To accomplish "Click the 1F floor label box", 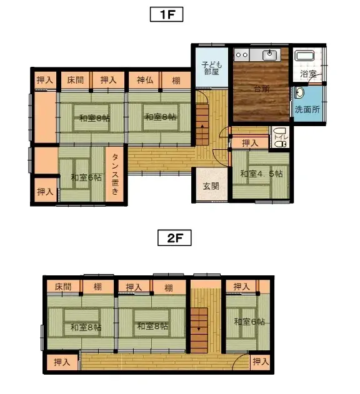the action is click(166, 14).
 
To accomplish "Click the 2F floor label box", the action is click(174, 237).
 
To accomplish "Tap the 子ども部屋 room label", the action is click(212, 68).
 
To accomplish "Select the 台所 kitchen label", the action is click(262, 89).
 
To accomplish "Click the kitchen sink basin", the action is click(269, 55).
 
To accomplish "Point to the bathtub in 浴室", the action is click(304, 56).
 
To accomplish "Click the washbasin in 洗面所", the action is click(299, 92).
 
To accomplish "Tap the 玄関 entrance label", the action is click(211, 186).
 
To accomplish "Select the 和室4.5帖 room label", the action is click(261, 174).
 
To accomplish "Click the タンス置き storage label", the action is click(115, 174).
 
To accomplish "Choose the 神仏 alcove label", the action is click(145, 80).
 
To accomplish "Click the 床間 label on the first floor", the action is click(75, 80).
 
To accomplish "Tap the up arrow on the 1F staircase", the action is click(202, 126).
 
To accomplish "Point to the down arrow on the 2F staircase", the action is click(199, 328).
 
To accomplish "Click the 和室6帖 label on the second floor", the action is click(249, 322).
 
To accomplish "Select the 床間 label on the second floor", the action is click(63, 287).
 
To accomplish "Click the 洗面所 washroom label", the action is click(307, 109).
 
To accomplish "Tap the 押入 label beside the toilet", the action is click(250, 143).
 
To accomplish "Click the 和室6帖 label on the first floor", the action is click(86, 178).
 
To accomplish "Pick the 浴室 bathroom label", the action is click(308, 74).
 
